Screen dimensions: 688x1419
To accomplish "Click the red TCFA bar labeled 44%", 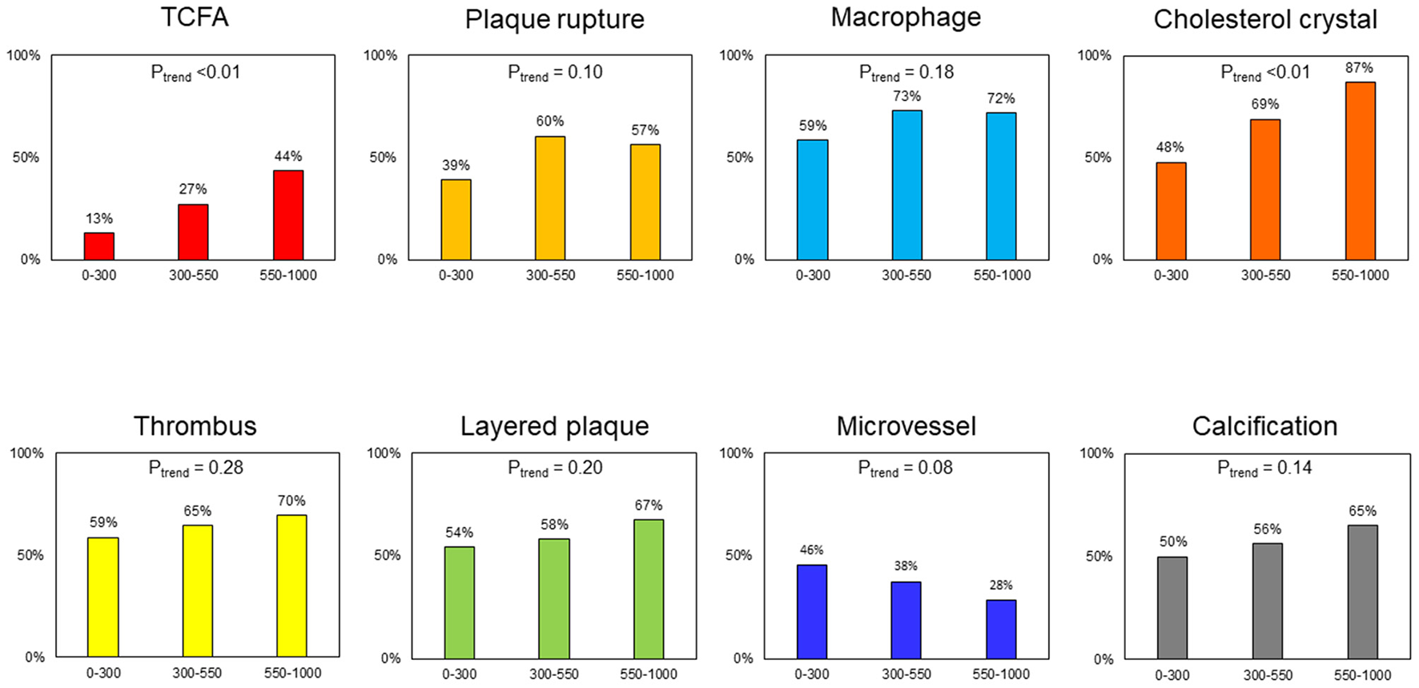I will pyautogui.click(x=288, y=215).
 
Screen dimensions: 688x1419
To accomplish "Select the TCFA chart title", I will pyautogui.click(x=195, y=18).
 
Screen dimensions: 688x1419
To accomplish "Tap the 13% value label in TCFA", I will pyautogui.click(x=99, y=219).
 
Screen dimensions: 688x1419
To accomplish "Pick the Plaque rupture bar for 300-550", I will pyautogui.click(x=550, y=198).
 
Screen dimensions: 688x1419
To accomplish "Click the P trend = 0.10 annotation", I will pyautogui.click(x=555, y=73).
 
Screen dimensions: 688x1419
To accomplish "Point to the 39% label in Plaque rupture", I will pyautogui.click(x=456, y=166).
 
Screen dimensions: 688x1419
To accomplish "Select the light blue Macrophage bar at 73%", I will pyautogui.click(x=906, y=185).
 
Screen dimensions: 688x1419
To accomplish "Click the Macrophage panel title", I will pyautogui.click(x=906, y=18).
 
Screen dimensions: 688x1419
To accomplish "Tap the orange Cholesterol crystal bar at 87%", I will pyautogui.click(x=1360, y=171).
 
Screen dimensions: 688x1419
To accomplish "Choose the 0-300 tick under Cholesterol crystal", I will pyautogui.click(x=1171, y=276).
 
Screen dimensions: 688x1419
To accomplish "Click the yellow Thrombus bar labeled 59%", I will pyautogui.click(x=103, y=597).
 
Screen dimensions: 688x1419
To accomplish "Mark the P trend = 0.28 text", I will pyautogui.click(x=196, y=469).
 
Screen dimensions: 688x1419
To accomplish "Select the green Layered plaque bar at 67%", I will pyautogui.click(x=649, y=589).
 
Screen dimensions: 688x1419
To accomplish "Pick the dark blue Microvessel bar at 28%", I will pyautogui.click(x=1001, y=629).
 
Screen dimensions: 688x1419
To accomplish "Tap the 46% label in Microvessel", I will pyautogui.click(x=811, y=550).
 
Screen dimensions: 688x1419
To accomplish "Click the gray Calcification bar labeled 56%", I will pyautogui.click(x=1268, y=601).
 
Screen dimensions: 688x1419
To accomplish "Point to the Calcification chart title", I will pyautogui.click(x=1264, y=426).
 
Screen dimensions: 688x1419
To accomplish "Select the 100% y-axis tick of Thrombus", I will pyautogui.click(x=26, y=453).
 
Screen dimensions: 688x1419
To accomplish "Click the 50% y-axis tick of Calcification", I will pyautogui.click(x=1099, y=556).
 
